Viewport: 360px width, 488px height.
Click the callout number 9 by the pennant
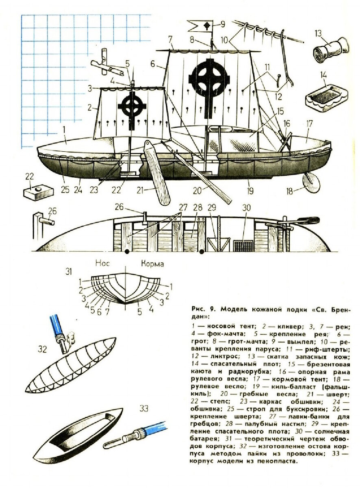[x=222, y=24]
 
